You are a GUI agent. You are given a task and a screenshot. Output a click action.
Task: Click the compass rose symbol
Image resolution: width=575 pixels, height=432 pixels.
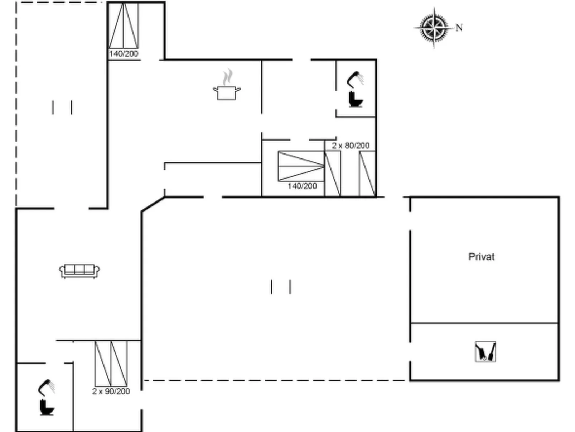click(434, 28)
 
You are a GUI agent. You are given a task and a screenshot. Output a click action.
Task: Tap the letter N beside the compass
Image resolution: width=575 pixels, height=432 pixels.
click(459, 28)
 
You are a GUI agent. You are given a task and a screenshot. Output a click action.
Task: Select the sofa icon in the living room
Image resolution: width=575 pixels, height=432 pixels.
click(79, 271)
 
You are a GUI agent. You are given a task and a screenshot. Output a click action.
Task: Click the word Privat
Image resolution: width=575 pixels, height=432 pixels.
click(482, 257)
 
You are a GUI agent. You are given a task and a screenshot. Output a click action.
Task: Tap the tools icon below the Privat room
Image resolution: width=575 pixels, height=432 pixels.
click(485, 352)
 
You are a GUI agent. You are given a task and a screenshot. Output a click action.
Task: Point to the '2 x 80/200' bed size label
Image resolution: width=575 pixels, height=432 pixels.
click(351, 146)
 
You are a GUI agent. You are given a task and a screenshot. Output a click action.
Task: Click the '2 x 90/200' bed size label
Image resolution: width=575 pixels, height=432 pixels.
click(111, 391)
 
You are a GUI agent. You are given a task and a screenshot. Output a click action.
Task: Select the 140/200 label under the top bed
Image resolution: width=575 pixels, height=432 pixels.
click(124, 54)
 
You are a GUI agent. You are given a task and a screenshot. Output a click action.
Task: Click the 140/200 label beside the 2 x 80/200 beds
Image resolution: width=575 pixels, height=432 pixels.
click(302, 186)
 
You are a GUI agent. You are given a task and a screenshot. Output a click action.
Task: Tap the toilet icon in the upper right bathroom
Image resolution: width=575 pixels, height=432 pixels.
click(356, 99)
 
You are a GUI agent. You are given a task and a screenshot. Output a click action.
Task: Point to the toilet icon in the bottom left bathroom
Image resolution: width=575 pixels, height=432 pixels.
click(47, 407)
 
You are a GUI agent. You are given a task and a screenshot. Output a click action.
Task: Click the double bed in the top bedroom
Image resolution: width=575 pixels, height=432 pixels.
click(124, 26)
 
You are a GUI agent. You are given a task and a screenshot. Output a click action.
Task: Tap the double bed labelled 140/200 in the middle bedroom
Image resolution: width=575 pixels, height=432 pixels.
click(301, 166)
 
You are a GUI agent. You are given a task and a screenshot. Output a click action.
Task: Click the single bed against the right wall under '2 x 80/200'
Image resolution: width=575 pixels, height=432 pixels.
click(367, 174)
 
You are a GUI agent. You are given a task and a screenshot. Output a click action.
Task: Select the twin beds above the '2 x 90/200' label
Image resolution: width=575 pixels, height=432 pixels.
click(111, 364)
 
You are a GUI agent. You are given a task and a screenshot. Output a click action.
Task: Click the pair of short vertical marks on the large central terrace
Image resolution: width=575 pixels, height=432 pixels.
click(281, 287)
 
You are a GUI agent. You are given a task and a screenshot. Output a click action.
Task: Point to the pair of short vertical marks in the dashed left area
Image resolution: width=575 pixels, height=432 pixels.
click(62, 108)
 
